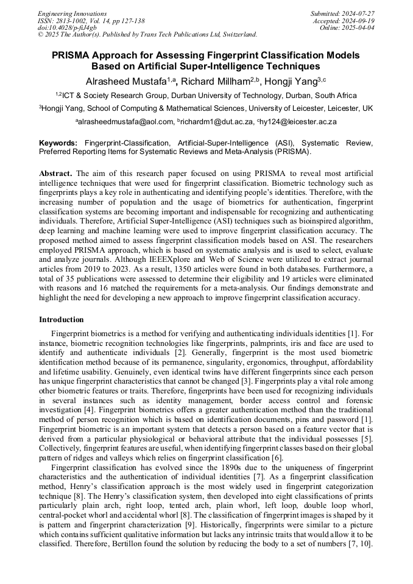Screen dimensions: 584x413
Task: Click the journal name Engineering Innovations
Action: pos(72,13)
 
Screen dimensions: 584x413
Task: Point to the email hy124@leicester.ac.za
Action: pos(298,122)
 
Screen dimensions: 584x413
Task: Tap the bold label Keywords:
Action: pos(58,142)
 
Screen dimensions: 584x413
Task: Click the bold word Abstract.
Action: pos(55,174)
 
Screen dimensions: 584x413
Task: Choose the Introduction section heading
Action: pos(62,320)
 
